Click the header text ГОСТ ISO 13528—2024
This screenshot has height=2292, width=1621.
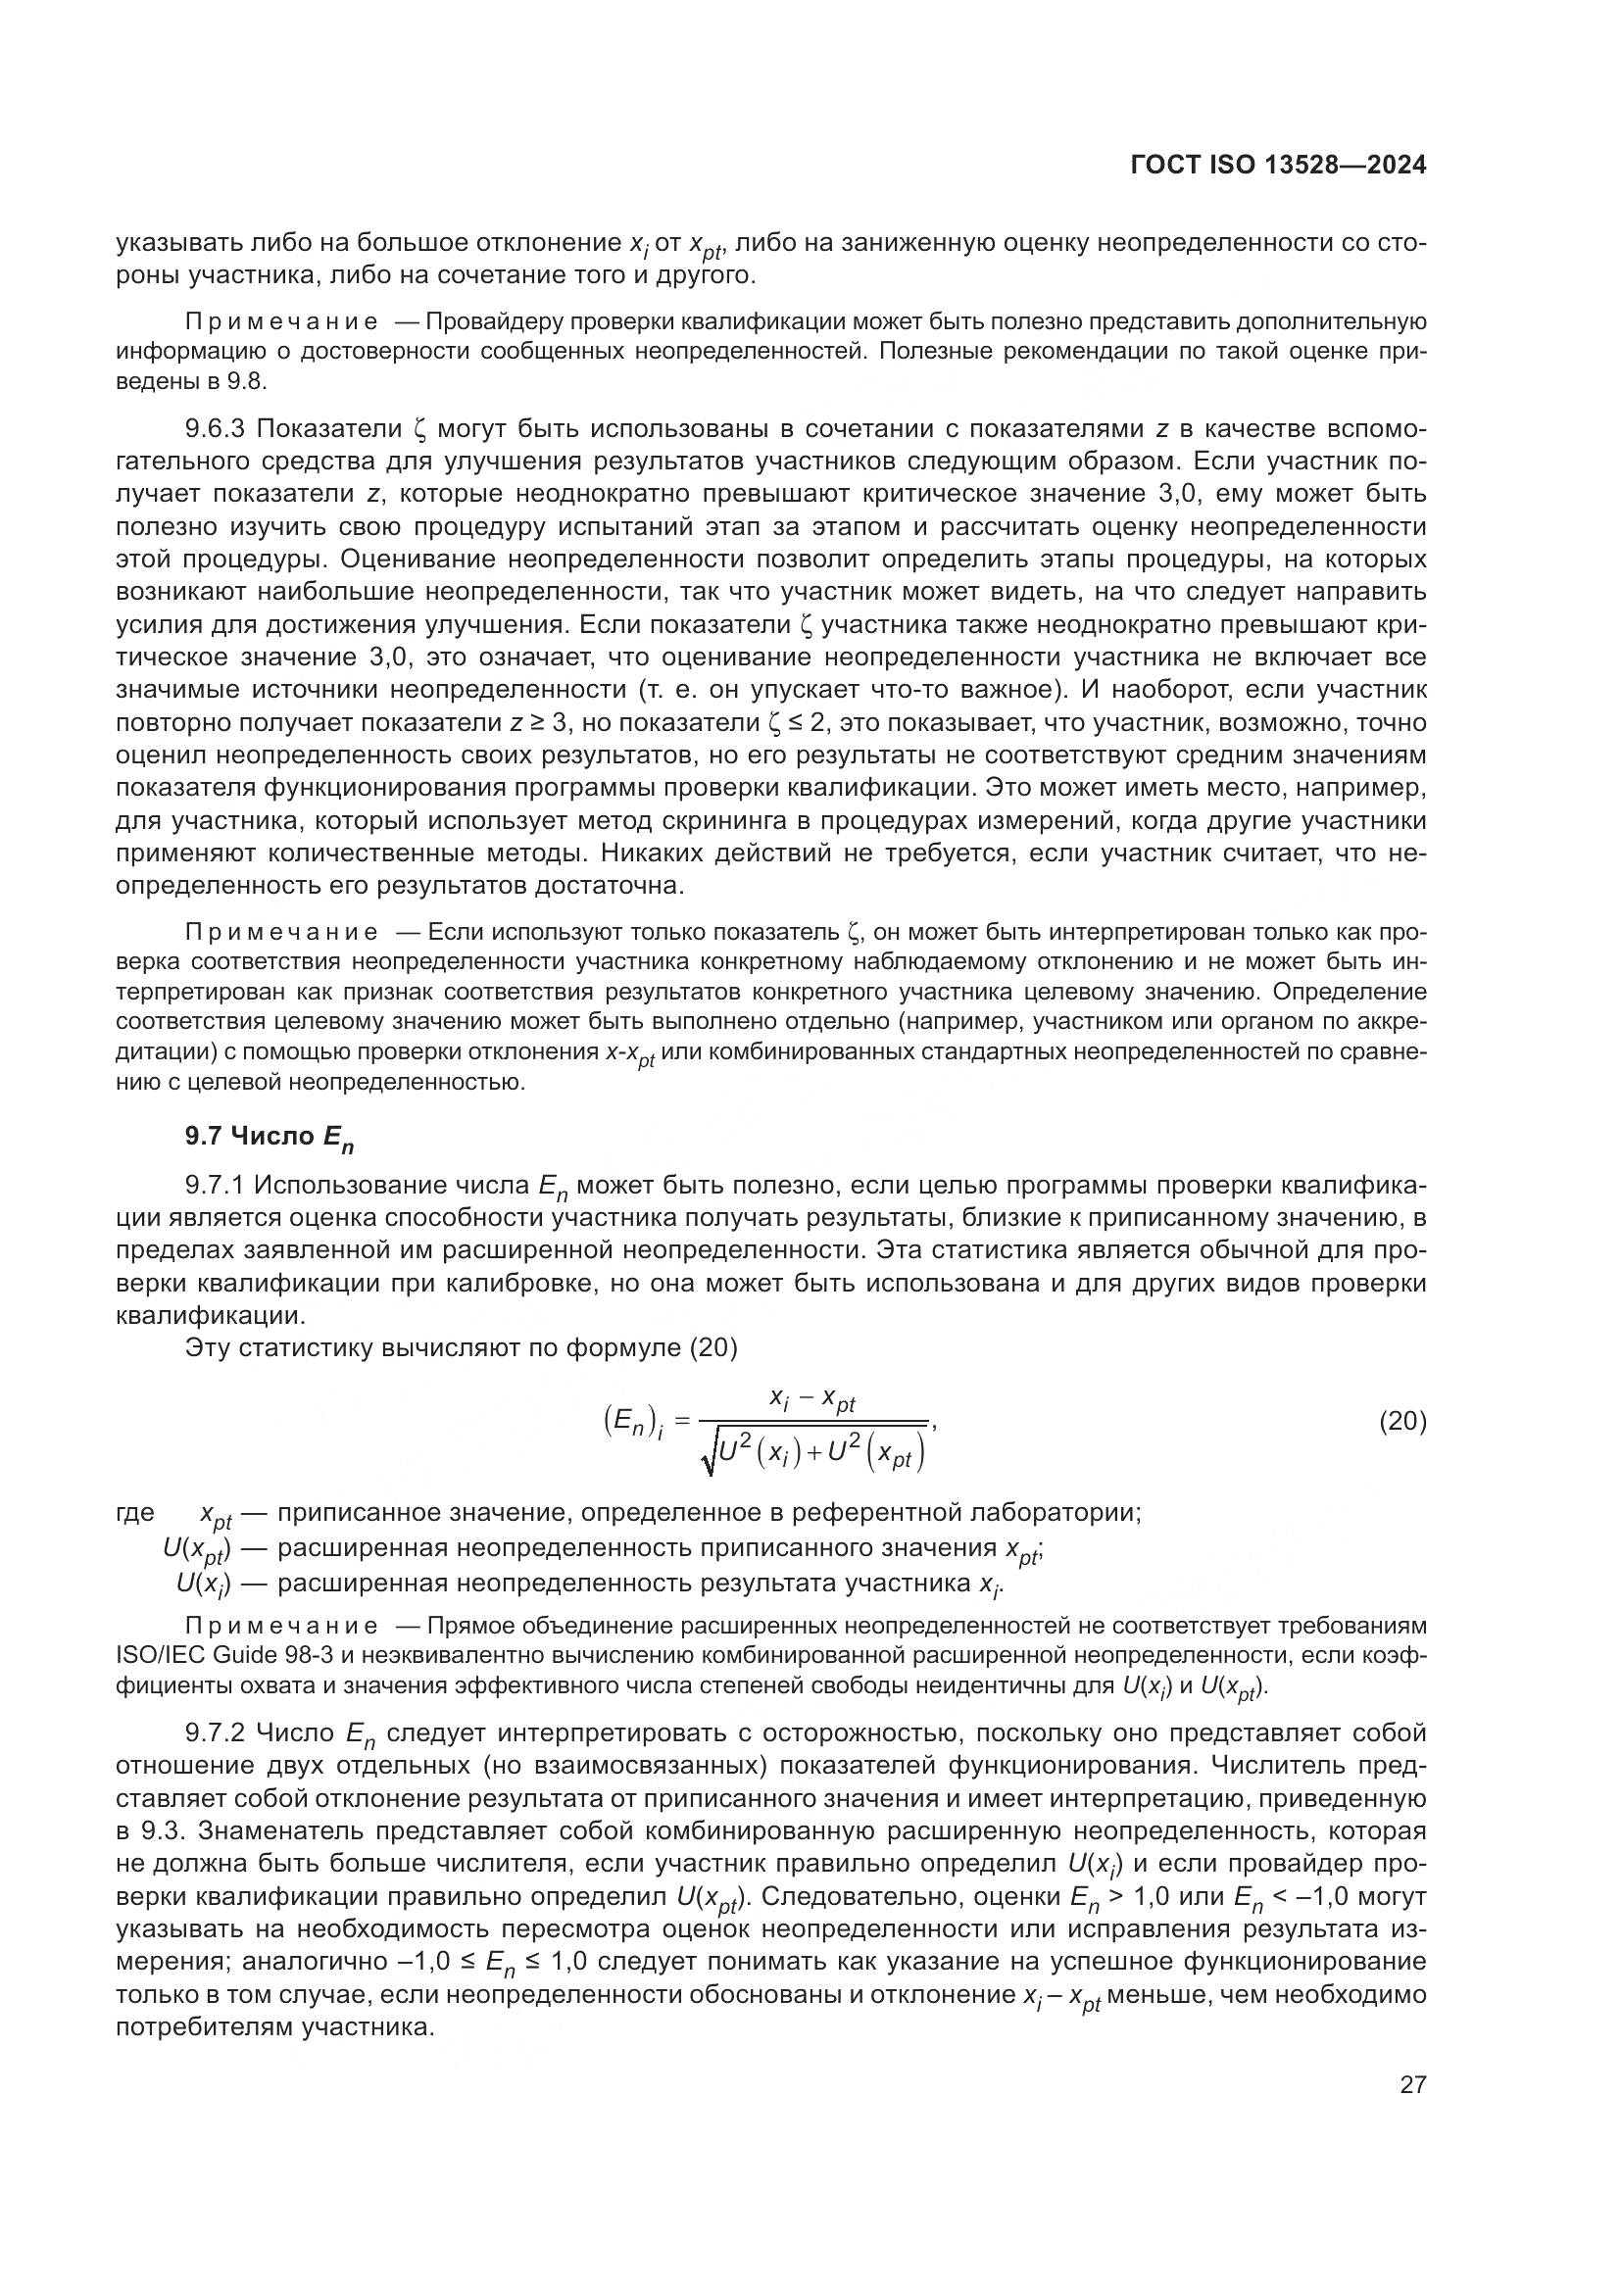pos(1278,165)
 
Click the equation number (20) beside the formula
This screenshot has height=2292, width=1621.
pos(1402,1421)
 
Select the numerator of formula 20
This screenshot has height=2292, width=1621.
pos(812,1400)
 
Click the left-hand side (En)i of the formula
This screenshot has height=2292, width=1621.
pos(635,1422)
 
